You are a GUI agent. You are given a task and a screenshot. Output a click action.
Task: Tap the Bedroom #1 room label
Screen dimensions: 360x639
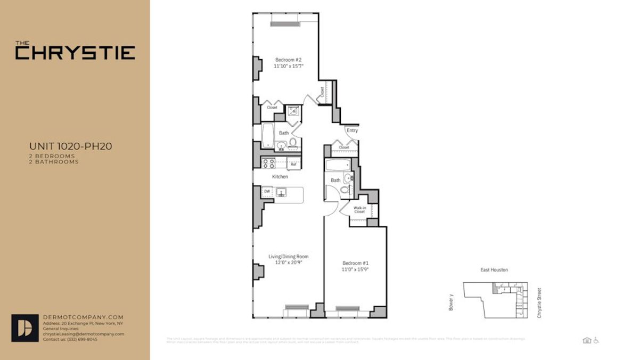(x=355, y=263)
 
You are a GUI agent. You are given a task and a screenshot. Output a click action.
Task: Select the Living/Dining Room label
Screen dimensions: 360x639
(x=288, y=257)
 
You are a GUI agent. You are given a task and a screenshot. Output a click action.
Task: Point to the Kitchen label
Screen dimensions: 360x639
(x=280, y=177)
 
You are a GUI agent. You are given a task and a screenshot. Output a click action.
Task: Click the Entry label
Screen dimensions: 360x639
(x=352, y=130)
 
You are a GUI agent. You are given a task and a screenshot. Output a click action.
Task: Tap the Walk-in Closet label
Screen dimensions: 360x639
(x=359, y=209)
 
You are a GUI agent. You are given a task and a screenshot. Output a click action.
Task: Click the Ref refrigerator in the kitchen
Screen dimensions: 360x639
(x=293, y=164)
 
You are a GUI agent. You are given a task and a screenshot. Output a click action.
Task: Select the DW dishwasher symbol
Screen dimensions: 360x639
(x=267, y=191)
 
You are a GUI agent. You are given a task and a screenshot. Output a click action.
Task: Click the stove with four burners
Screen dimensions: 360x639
(x=267, y=163)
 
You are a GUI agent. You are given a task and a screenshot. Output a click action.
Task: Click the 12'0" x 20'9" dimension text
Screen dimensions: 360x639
(x=288, y=263)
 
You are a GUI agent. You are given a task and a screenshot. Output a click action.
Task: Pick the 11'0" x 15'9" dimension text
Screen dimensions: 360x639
(x=355, y=269)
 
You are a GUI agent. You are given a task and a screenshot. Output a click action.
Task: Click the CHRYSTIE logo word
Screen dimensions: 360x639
(x=75, y=53)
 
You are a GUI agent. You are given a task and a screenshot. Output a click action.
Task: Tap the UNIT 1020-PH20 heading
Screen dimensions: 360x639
(x=70, y=146)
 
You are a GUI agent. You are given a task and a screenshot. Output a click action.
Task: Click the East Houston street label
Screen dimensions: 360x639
(x=494, y=270)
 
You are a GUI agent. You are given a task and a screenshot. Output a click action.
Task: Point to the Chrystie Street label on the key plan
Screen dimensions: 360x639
(x=539, y=303)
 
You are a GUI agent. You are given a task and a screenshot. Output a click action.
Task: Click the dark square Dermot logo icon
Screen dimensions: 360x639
(x=25, y=328)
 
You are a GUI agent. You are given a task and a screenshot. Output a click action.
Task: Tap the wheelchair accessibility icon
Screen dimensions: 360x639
(x=596, y=340)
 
